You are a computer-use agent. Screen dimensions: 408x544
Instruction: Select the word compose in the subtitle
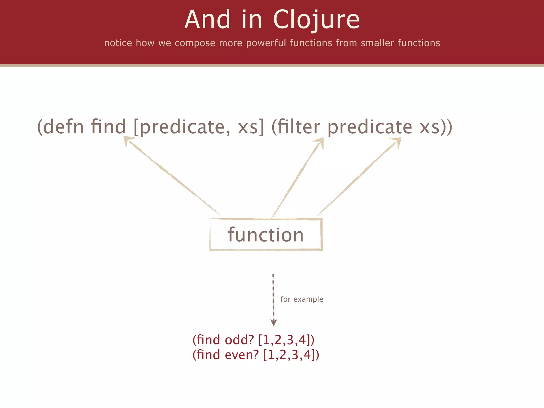coord(195,43)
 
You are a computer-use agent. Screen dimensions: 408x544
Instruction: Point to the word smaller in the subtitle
coord(377,43)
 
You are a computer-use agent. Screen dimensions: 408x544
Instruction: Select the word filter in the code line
coord(299,127)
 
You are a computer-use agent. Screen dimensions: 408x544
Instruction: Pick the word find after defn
coord(108,127)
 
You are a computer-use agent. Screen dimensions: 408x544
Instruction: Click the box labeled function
coord(266,235)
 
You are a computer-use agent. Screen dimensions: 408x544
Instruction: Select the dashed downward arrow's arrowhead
coord(274,322)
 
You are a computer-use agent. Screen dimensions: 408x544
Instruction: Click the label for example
coord(302,299)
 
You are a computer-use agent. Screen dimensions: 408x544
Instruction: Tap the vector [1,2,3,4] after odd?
coord(286,340)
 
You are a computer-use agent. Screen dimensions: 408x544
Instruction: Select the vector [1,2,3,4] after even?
coord(291,355)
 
